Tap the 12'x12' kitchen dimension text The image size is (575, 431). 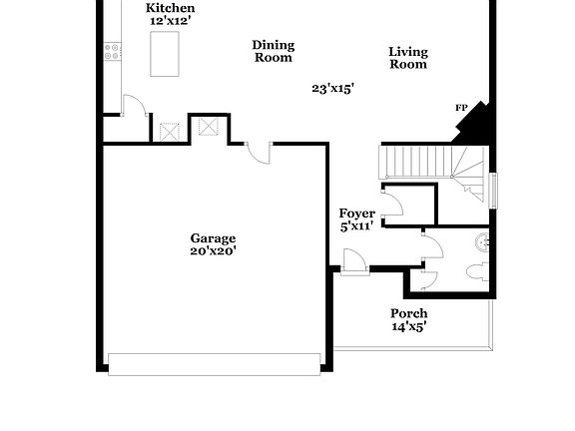pyautogui.click(x=170, y=20)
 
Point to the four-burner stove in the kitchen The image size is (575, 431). pyautogui.click(x=113, y=50)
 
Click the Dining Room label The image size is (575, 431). pyautogui.click(x=273, y=51)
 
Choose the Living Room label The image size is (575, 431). pyautogui.click(x=407, y=58)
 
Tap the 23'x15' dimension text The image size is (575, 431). pyautogui.click(x=333, y=88)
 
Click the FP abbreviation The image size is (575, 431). pyautogui.click(x=461, y=108)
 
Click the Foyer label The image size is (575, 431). pyautogui.click(x=356, y=214)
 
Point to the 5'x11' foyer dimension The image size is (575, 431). pyautogui.click(x=356, y=226)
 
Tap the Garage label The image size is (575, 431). pyautogui.click(x=214, y=238)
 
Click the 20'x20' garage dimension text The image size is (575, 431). pyautogui.click(x=214, y=251)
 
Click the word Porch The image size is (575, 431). pyautogui.click(x=409, y=313)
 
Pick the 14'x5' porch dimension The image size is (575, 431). pyautogui.click(x=409, y=326)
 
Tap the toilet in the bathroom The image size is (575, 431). pyautogui.click(x=476, y=270)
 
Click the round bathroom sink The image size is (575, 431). pyautogui.click(x=484, y=239)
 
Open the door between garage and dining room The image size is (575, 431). pyautogui.click(x=259, y=152)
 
